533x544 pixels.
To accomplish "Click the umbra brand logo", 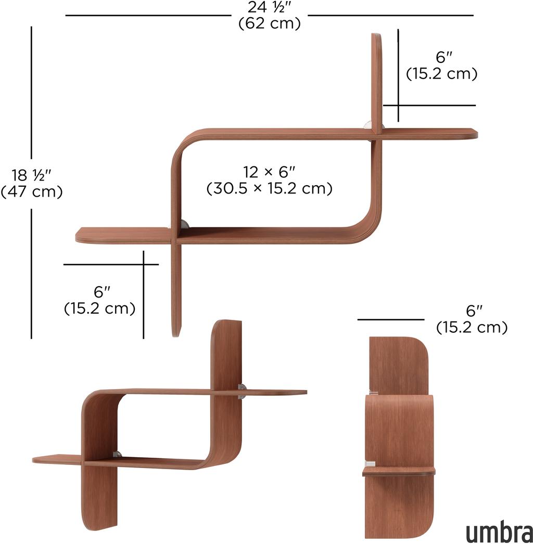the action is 499,532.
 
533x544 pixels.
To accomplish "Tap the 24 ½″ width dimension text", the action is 269,7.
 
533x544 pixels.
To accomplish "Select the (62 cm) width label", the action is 270,23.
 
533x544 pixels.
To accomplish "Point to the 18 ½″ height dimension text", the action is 31,175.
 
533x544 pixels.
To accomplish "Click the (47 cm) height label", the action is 32,191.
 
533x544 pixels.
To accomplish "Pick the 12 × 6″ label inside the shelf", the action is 269,172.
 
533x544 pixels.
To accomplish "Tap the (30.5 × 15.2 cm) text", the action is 270,188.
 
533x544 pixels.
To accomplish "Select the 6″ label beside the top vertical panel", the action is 445,57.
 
